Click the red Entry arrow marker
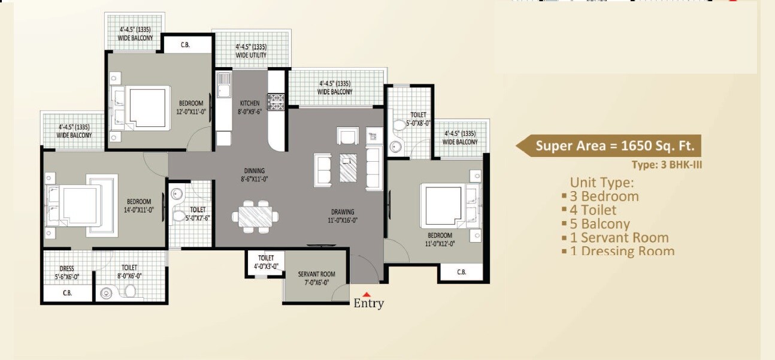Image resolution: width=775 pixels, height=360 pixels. pyautogui.click(x=367, y=294)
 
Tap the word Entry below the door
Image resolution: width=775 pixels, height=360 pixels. pyautogui.click(x=368, y=304)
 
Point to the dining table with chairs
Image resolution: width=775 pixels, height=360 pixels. pyautogui.click(x=255, y=216)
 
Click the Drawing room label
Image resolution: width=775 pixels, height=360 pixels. pyautogui.click(x=343, y=216)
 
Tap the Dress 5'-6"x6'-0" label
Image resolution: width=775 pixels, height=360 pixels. pyautogui.click(x=66, y=273)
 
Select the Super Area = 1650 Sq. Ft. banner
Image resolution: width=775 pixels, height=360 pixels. pyautogui.click(x=609, y=146)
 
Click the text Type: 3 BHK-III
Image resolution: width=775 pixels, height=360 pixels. pyautogui.click(x=666, y=164)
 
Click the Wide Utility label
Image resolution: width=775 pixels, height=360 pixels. pyautogui.click(x=251, y=51)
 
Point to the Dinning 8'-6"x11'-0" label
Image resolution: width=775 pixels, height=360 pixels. pyautogui.click(x=253, y=175)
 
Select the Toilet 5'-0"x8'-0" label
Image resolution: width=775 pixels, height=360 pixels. pyautogui.click(x=418, y=119)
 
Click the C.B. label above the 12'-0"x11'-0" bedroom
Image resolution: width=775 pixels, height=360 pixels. pyautogui.click(x=185, y=45)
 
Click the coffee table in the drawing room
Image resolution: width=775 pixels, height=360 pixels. pyautogui.click(x=348, y=168)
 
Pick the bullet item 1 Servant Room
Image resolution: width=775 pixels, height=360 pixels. pyautogui.click(x=619, y=238)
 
